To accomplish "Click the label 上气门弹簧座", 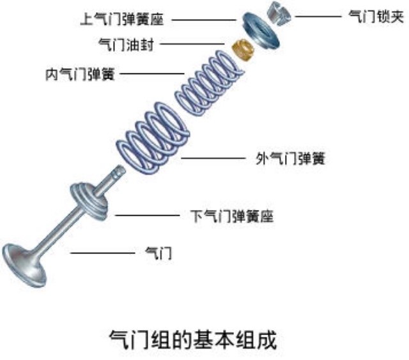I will pyautogui.click(x=122, y=20).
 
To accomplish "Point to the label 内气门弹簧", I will pyautogui.click(x=79, y=73).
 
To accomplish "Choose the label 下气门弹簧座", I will pyautogui.click(x=233, y=216).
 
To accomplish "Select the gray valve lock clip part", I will pyautogui.click(x=276, y=13).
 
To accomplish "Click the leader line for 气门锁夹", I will pyautogui.click(x=314, y=17).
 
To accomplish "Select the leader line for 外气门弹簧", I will pyautogui.click(x=213, y=159).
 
